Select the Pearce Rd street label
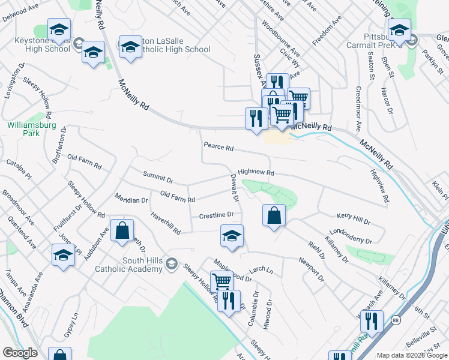point(218,146)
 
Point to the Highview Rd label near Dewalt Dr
point(256,172)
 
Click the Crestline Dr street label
point(215,215)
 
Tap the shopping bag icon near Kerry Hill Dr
point(274,216)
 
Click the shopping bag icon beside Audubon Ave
point(122,232)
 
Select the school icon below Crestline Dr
point(232,236)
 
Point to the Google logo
point(20,353)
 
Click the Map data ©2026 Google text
point(411,355)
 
